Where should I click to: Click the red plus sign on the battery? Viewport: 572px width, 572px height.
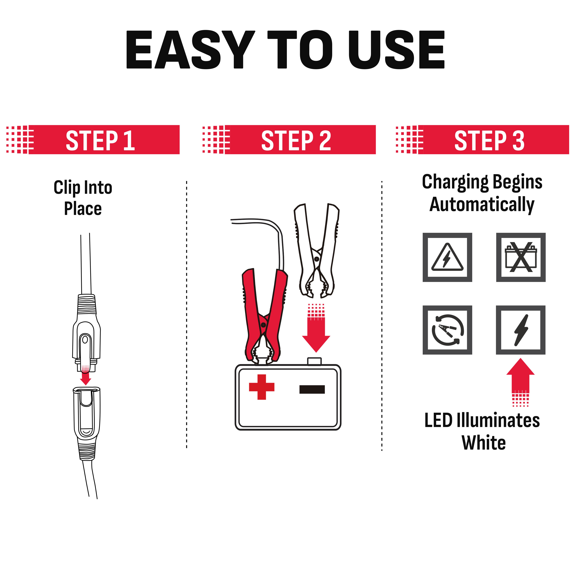click(x=262, y=387)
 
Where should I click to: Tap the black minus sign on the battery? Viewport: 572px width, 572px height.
click(x=312, y=389)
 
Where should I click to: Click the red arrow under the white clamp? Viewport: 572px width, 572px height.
click(x=316, y=328)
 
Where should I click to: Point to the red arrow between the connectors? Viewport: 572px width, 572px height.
click(x=86, y=375)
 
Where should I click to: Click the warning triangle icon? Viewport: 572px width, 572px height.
click(x=447, y=257)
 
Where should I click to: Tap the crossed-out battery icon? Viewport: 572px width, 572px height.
click(x=521, y=257)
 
